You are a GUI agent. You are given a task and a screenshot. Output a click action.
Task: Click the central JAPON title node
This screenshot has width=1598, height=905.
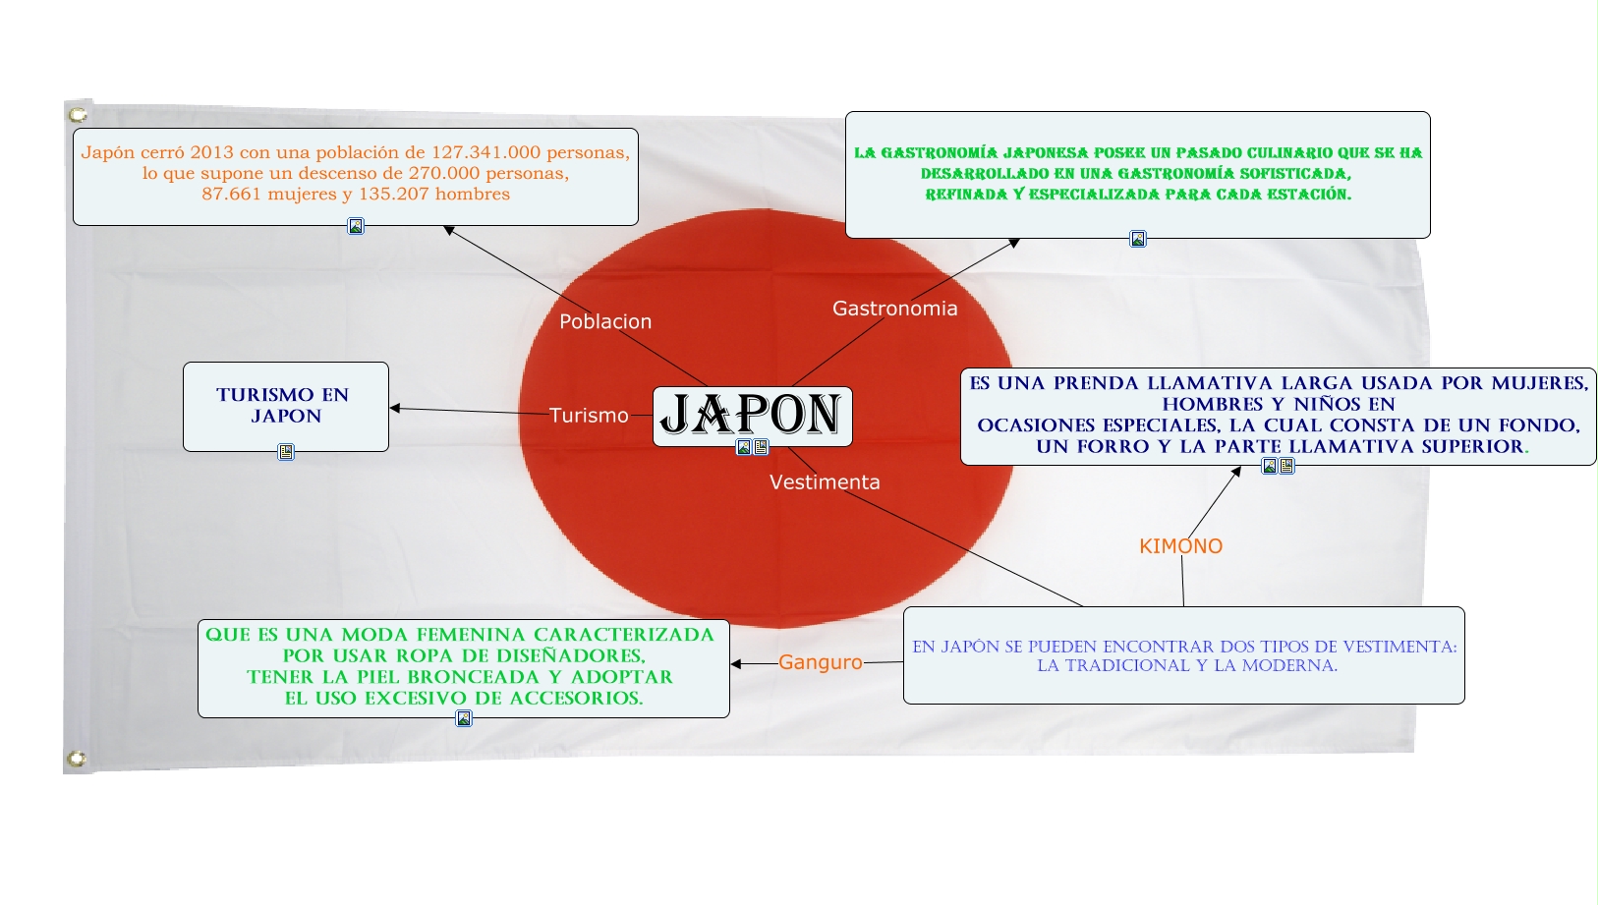tap(752, 415)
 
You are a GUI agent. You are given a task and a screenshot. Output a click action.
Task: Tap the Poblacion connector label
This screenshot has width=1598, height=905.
tap(605, 321)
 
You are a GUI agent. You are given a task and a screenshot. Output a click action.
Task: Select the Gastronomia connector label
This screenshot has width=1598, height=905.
tap(894, 309)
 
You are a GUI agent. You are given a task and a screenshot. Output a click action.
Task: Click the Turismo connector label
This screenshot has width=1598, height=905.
tap(589, 416)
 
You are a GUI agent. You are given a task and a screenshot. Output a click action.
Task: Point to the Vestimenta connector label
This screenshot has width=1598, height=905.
tap(825, 482)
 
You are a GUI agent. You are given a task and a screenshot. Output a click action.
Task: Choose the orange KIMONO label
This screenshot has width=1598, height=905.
tap(1180, 546)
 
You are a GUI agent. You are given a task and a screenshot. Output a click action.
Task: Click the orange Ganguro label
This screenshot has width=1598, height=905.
tap(821, 662)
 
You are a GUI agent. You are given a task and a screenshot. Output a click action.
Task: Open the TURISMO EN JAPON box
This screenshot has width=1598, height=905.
tap(285, 406)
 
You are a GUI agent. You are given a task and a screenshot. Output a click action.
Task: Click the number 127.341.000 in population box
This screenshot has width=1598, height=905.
tap(485, 152)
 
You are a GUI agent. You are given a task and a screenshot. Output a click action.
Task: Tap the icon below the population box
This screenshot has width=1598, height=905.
tap(356, 226)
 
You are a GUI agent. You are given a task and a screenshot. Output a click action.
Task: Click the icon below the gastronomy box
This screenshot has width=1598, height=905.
tap(1137, 239)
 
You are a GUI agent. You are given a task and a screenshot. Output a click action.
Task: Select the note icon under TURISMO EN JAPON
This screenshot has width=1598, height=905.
tap(286, 452)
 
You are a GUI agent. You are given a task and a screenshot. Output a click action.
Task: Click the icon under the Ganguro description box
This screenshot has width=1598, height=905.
tap(464, 718)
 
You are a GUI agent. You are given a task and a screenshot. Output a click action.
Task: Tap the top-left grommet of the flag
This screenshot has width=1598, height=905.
tap(78, 115)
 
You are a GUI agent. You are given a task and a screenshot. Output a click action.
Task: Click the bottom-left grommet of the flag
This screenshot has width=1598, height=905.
tap(76, 759)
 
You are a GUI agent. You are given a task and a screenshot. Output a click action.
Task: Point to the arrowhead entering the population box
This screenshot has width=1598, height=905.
tap(448, 230)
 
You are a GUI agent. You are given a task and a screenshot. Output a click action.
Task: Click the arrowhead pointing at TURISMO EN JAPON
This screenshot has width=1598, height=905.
tap(395, 408)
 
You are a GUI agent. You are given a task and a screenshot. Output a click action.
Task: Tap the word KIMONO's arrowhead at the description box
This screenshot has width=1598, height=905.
tap(1236, 472)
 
